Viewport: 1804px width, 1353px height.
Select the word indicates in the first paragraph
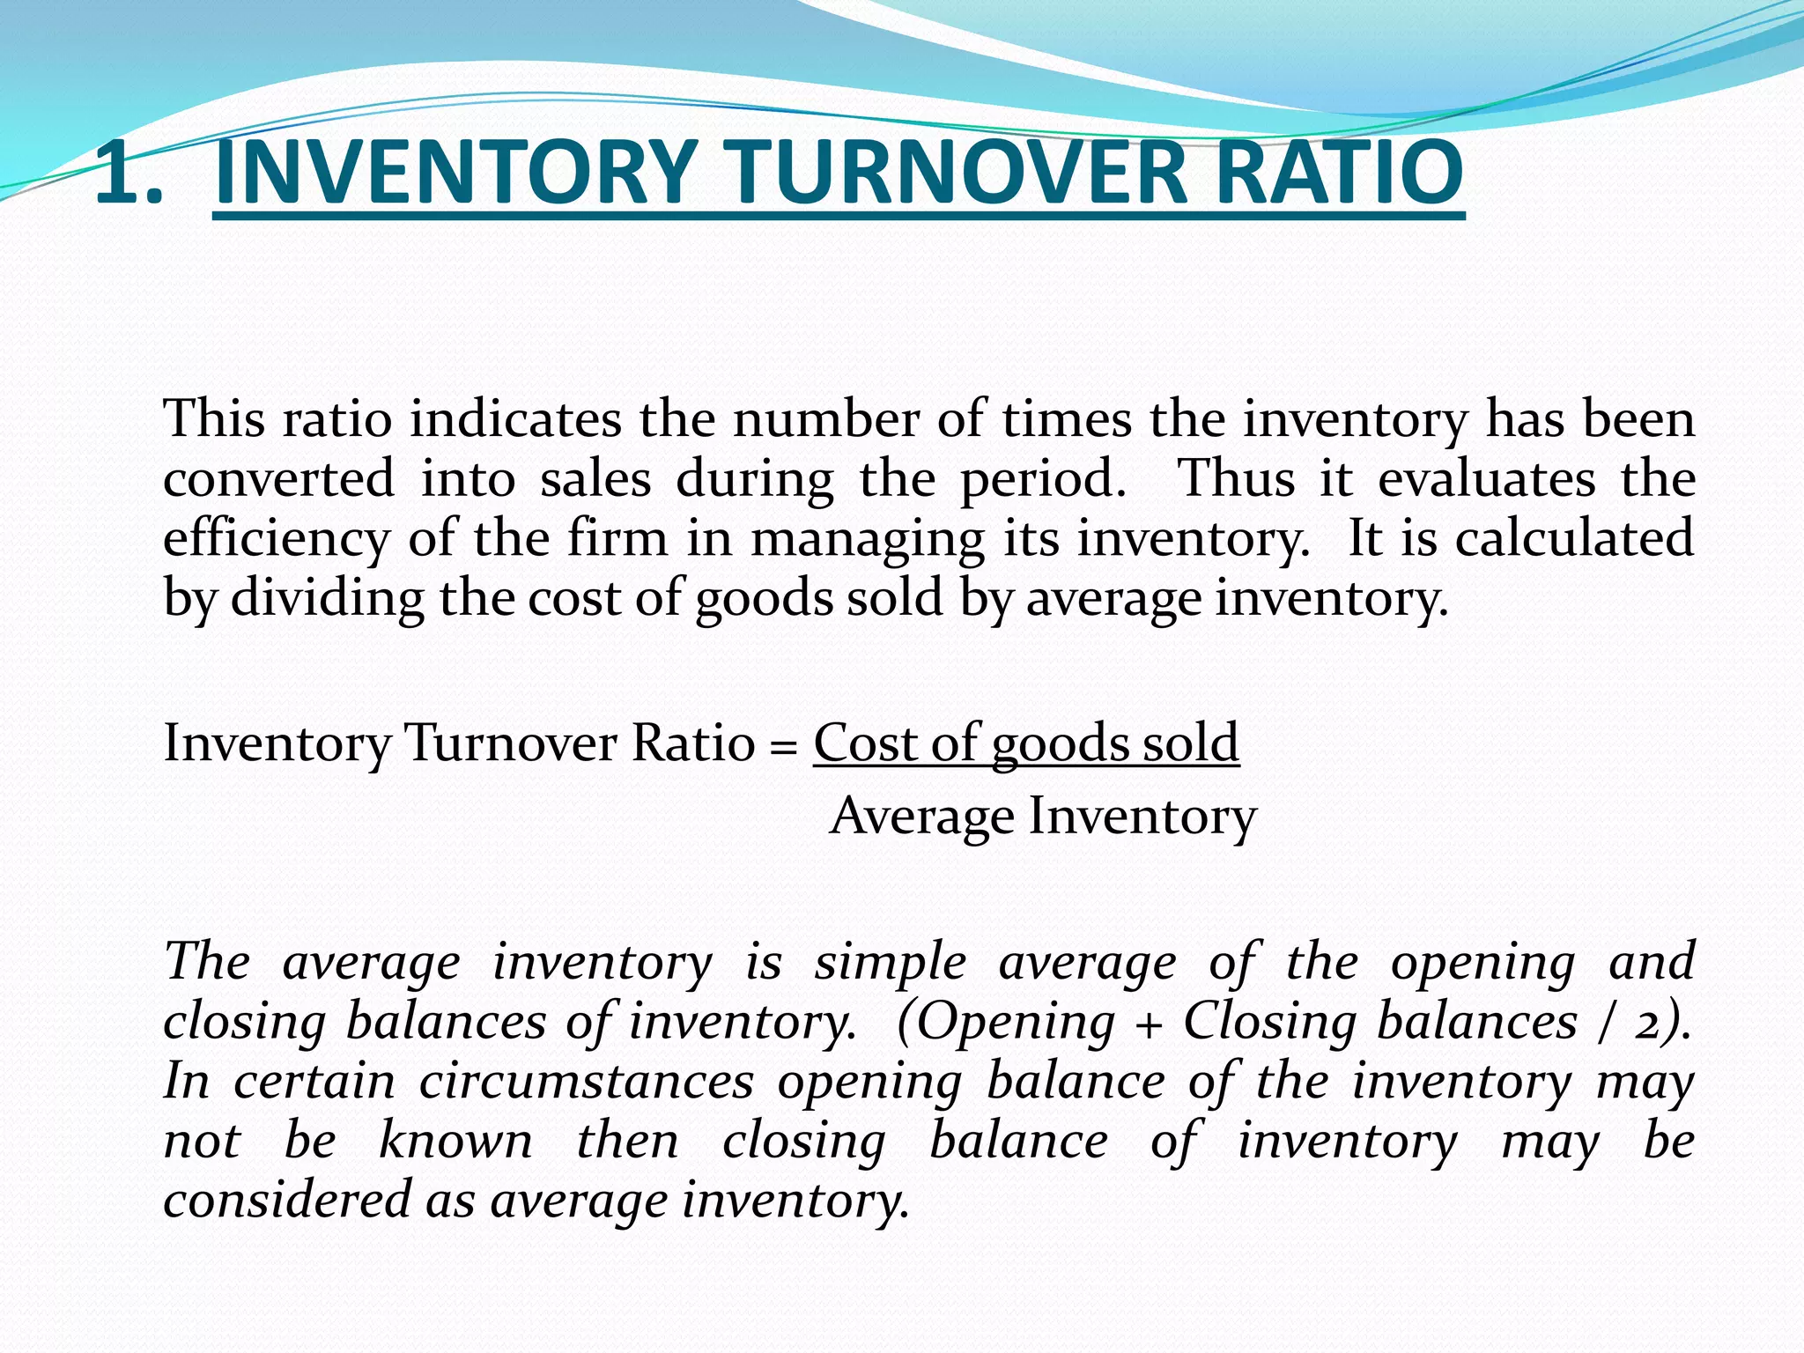point(515,418)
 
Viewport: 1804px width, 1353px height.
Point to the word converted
point(278,480)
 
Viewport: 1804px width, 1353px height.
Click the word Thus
point(1237,480)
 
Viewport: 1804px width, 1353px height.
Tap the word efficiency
point(277,539)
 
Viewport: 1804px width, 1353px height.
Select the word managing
point(867,539)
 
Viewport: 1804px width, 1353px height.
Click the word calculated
point(1574,539)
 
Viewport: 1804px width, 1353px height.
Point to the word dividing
point(327,599)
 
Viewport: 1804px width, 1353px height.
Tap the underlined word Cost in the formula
point(865,743)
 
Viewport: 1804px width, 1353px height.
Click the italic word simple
point(891,961)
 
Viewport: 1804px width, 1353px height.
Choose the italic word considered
point(287,1201)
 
